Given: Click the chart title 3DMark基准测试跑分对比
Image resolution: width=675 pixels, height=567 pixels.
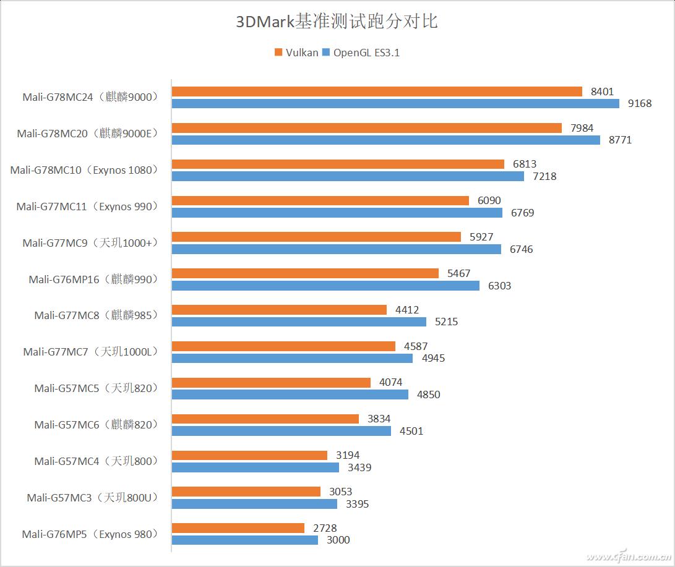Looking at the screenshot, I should point(337,22).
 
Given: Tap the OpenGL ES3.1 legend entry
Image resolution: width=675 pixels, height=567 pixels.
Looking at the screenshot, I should point(361,53).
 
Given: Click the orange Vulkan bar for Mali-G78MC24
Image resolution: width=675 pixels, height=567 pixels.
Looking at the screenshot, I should point(377,92).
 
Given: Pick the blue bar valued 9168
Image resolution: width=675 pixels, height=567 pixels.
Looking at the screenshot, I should point(395,104).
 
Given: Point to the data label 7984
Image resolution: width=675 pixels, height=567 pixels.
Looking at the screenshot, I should point(582,128).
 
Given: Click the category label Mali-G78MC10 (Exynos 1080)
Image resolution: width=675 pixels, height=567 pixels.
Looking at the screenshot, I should point(84,170).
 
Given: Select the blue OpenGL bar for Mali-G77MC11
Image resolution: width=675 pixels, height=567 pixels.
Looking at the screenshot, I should point(337,213).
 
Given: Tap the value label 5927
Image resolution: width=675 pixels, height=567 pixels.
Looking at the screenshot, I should point(481,237).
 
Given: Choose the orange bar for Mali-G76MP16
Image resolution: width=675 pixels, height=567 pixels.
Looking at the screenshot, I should point(305,273).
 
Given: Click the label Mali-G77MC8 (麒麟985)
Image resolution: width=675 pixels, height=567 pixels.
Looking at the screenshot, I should point(96,315).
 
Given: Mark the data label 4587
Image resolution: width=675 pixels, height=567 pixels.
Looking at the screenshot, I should point(415,346).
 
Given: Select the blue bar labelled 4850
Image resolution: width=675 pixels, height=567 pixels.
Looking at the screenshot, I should point(290,394).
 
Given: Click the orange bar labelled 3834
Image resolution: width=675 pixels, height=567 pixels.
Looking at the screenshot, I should point(265,419).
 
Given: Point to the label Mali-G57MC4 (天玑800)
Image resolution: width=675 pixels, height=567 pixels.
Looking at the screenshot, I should point(96,461).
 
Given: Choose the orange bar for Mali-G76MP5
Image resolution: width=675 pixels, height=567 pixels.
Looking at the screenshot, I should point(238,528).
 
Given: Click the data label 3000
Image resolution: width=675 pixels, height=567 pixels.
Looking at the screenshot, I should point(338,540).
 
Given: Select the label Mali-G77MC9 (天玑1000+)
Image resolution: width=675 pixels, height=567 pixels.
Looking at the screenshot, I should point(90,243).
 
